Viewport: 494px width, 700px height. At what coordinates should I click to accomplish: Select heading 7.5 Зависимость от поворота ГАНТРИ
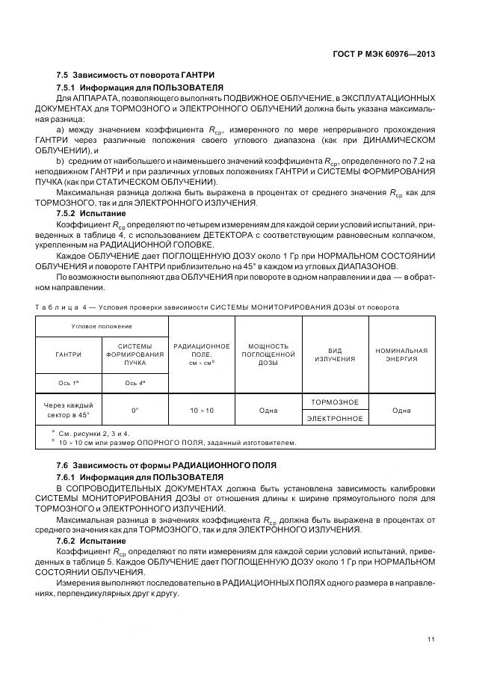pyautogui.click(x=135, y=76)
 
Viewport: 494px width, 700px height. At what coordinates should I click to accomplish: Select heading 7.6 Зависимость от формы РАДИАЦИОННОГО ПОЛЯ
pyautogui.click(x=166, y=465)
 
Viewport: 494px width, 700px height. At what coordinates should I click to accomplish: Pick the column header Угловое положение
pyautogui.click(x=102, y=327)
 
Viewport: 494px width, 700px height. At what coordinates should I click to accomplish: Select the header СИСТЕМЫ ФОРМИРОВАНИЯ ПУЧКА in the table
pyautogui.click(x=135, y=355)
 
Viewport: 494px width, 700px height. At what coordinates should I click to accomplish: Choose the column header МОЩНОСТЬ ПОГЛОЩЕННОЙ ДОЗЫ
pyautogui.click(x=268, y=354)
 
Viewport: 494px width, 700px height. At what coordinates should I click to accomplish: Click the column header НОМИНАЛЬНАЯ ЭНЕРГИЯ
pyautogui.click(x=401, y=354)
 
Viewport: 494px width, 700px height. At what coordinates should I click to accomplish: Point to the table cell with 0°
pyautogui.click(x=135, y=410)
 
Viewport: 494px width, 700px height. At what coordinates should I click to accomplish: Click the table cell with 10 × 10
pyautogui.click(x=202, y=410)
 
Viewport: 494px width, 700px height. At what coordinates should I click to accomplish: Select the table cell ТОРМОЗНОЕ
pyautogui.click(x=335, y=402)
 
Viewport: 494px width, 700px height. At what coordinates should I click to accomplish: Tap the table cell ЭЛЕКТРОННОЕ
pyautogui.click(x=335, y=419)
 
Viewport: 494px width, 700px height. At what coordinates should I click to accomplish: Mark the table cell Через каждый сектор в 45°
pyautogui.click(x=69, y=410)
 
